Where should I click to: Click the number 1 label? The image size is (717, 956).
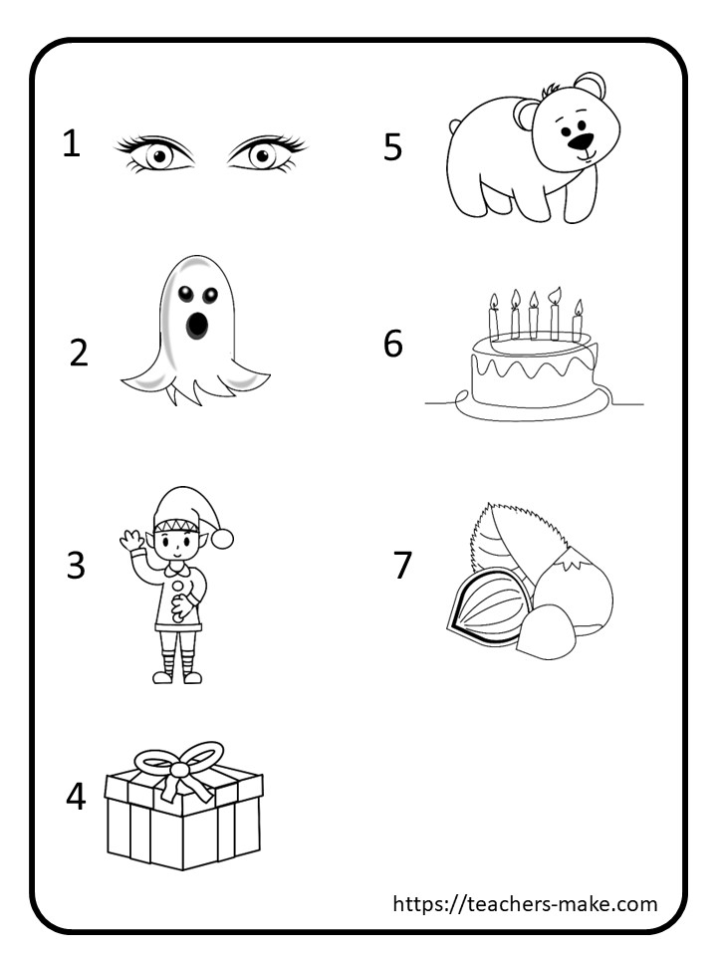pyautogui.click(x=72, y=143)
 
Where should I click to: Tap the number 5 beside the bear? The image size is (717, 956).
pyautogui.click(x=392, y=147)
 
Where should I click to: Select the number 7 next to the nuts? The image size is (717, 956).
pyautogui.click(x=402, y=565)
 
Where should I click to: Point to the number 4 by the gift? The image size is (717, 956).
pyautogui.click(x=76, y=797)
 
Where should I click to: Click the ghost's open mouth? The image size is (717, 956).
pyautogui.click(x=196, y=325)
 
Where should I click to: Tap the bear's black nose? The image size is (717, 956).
pyautogui.click(x=580, y=141)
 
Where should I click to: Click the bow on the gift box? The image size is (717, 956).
pyautogui.click(x=180, y=767)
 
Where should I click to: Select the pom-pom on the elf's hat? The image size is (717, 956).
pyautogui.click(x=222, y=539)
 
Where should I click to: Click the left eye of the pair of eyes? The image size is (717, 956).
pyautogui.click(x=156, y=154)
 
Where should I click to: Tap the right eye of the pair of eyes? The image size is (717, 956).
pyautogui.click(x=267, y=153)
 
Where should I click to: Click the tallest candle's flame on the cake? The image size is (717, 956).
pyautogui.click(x=555, y=295)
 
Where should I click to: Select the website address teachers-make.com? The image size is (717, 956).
pyautogui.click(x=525, y=903)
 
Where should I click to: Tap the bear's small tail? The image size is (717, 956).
pyautogui.click(x=455, y=126)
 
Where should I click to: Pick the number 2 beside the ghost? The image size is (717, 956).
pyautogui.click(x=79, y=353)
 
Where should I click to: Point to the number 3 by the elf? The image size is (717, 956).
pyautogui.click(x=76, y=566)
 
